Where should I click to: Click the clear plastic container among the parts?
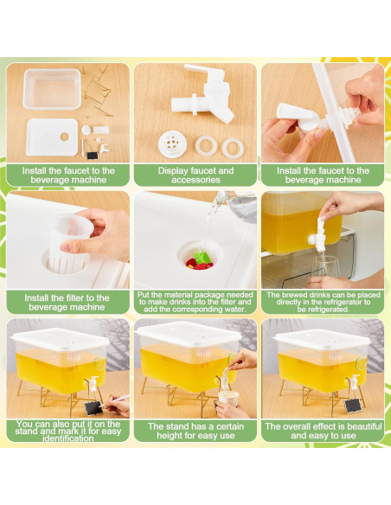tap(52, 89)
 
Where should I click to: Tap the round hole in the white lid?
tap(64, 137)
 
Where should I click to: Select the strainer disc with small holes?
tap(173, 144)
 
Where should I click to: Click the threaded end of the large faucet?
tap(182, 105)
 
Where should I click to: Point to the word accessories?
tap(195, 180)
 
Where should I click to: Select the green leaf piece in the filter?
tap(202, 257)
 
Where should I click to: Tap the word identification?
tap(68, 438)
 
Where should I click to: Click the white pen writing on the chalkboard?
tap(115, 400)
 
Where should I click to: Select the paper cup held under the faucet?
tap(228, 399)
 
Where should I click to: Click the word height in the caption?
tap(170, 436)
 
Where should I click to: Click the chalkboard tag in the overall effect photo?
tap(353, 406)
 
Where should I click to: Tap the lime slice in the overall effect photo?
tap(362, 364)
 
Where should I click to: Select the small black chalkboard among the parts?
tap(92, 156)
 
